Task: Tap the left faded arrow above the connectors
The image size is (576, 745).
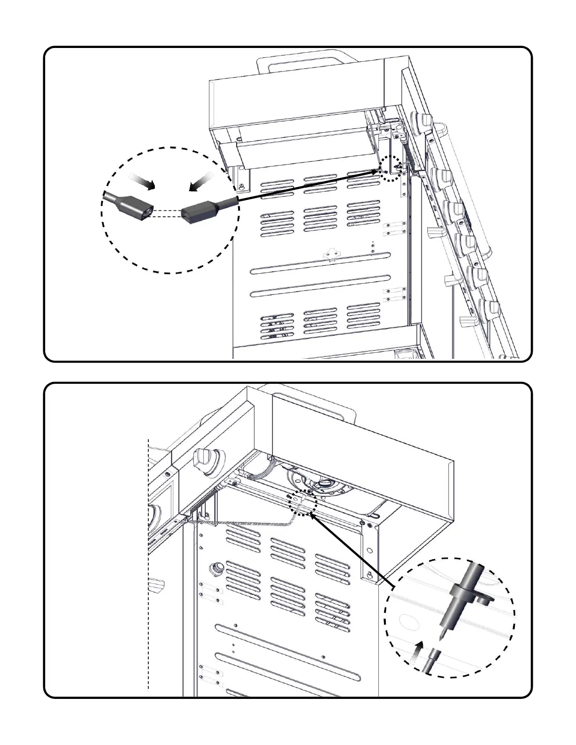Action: point(142,181)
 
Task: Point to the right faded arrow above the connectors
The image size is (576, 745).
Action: point(201,182)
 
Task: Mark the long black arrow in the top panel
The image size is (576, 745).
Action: point(306,186)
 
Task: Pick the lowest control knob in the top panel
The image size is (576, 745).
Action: point(489,308)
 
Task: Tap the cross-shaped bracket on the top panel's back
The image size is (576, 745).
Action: point(332,254)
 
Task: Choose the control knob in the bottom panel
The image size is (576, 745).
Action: point(208,459)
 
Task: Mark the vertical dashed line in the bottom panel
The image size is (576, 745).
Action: point(148,564)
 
